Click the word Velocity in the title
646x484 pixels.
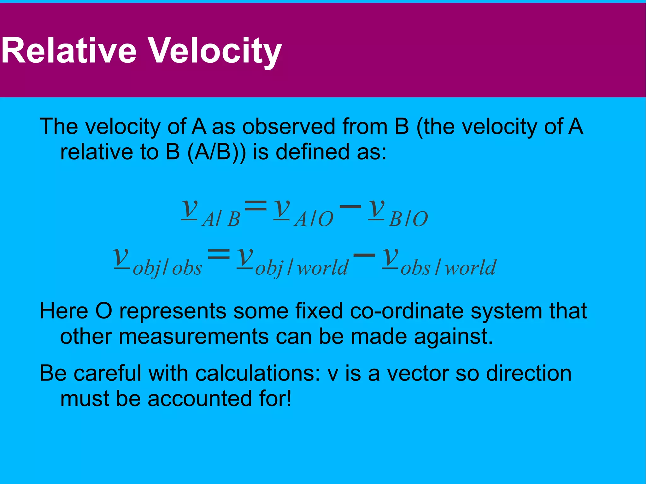tap(214, 50)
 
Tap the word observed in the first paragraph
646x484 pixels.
tap(289, 126)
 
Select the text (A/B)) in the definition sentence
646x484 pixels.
tap(216, 152)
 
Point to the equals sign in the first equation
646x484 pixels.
tap(256, 207)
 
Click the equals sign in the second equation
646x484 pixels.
tap(219, 254)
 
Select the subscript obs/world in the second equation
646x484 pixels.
tap(448, 268)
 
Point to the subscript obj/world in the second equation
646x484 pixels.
tap(301, 268)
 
